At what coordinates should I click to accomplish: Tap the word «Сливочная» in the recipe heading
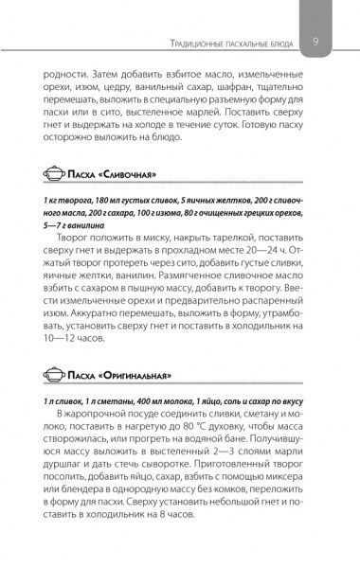124,173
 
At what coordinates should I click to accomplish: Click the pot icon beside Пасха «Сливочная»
55,173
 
